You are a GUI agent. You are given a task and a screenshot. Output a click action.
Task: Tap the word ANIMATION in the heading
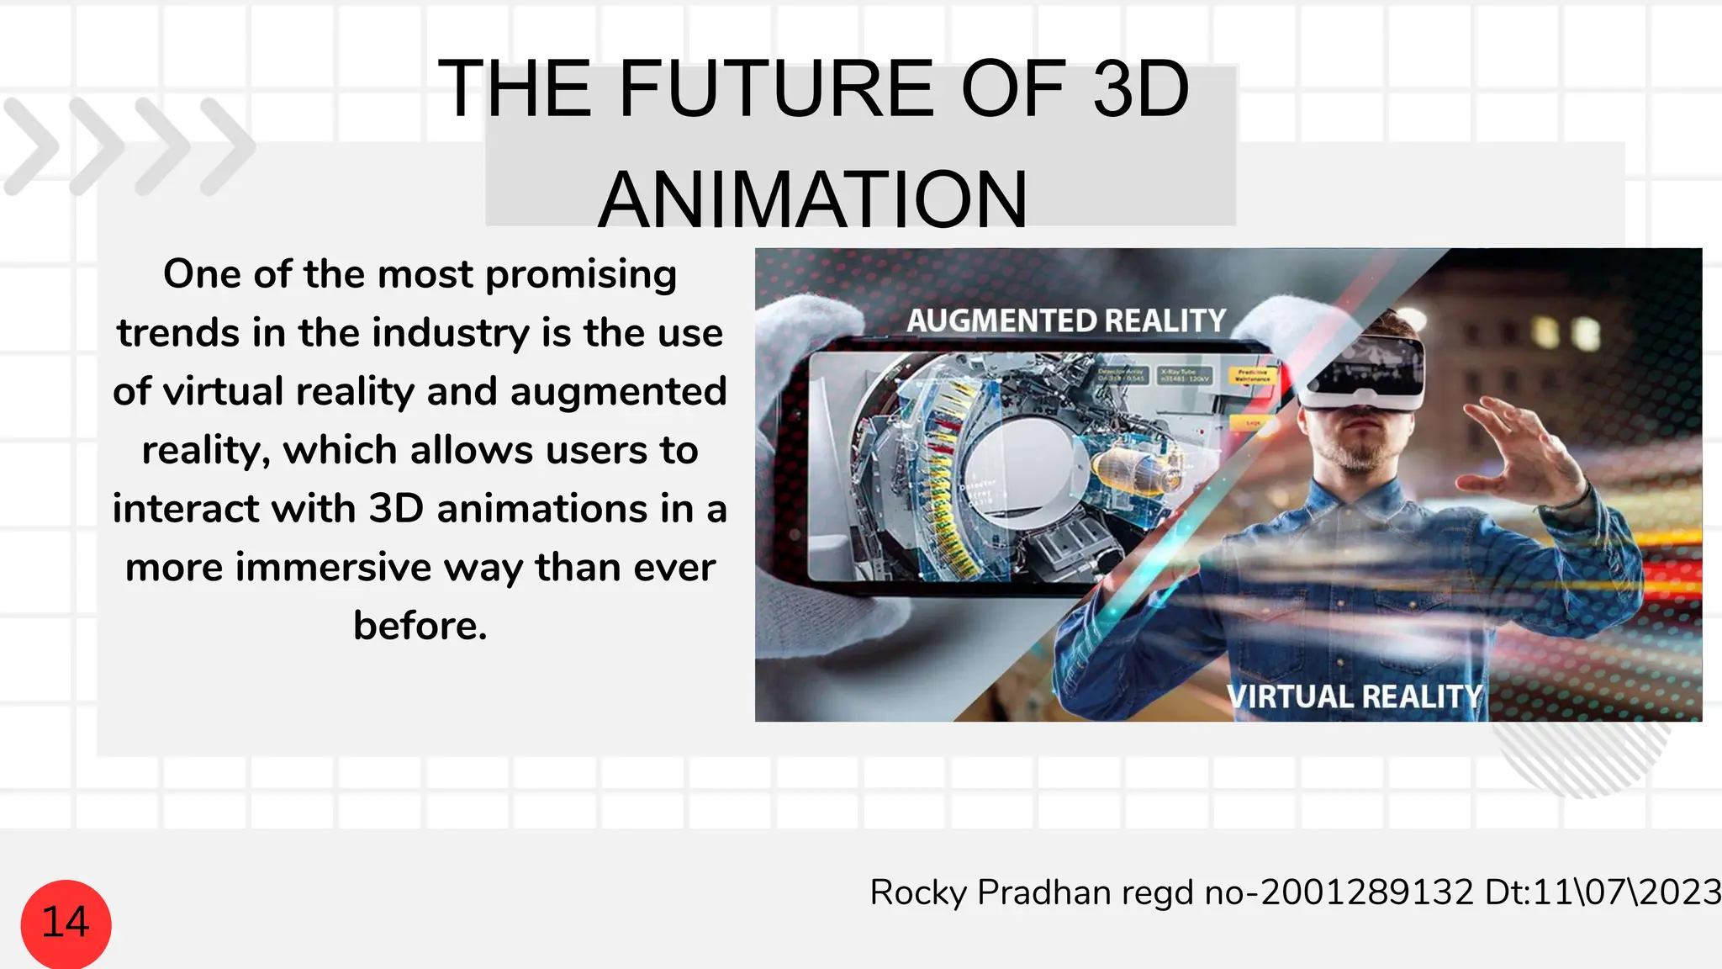pyautogui.click(x=813, y=200)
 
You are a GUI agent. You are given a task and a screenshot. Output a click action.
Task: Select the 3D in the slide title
pyautogui.click(x=1140, y=88)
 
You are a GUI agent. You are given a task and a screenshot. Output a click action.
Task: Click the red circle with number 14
pyautogui.click(x=66, y=923)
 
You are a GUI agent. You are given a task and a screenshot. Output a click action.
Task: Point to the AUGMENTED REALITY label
pyautogui.click(x=1066, y=320)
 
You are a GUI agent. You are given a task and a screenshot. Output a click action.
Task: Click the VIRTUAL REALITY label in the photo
pyautogui.click(x=1354, y=696)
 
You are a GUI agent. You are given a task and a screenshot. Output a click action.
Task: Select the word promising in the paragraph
pyautogui.click(x=581, y=275)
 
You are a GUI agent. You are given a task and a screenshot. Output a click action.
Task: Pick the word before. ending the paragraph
pyautogui.click(x=420, y=626)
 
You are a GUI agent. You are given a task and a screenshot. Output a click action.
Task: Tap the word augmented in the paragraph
pyautogui.click(x=618, y=392)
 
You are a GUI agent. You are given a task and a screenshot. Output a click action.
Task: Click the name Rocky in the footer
pyautogui.click(x=918, y=892)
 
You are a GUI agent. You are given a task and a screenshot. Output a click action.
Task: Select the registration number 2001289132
pyautogui.click(x=1367, y=892)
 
